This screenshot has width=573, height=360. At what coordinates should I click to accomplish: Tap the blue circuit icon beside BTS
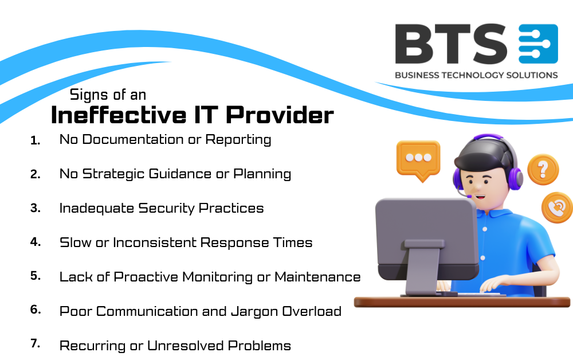(537, 44)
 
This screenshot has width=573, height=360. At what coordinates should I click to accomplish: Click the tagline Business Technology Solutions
(476, 75)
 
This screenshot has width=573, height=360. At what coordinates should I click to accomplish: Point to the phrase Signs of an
(108, 94)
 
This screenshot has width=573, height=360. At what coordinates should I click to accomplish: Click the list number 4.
(36, 242)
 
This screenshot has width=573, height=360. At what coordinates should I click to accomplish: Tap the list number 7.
(36, 344)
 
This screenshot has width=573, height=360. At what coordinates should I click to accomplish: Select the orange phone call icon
(558, 207)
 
